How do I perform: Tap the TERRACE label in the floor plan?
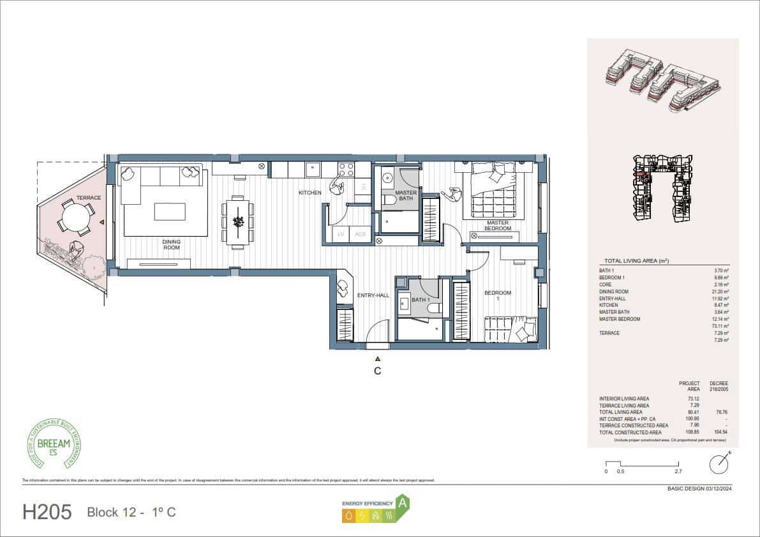[89, 198]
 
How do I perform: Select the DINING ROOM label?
[171, 244]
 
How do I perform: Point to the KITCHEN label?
[310, 192]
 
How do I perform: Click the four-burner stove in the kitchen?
[346, 170]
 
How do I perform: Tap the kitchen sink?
[313, 169]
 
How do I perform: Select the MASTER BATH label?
[406, 196]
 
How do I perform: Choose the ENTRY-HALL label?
[373, 295]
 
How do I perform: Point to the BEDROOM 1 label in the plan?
[498, 296]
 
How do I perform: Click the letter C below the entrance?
[378, 371]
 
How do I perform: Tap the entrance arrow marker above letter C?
[378, 358]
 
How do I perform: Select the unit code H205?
[47, 512]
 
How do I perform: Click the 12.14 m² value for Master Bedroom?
[721, 319]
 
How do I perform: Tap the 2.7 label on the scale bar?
[678, 472]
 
